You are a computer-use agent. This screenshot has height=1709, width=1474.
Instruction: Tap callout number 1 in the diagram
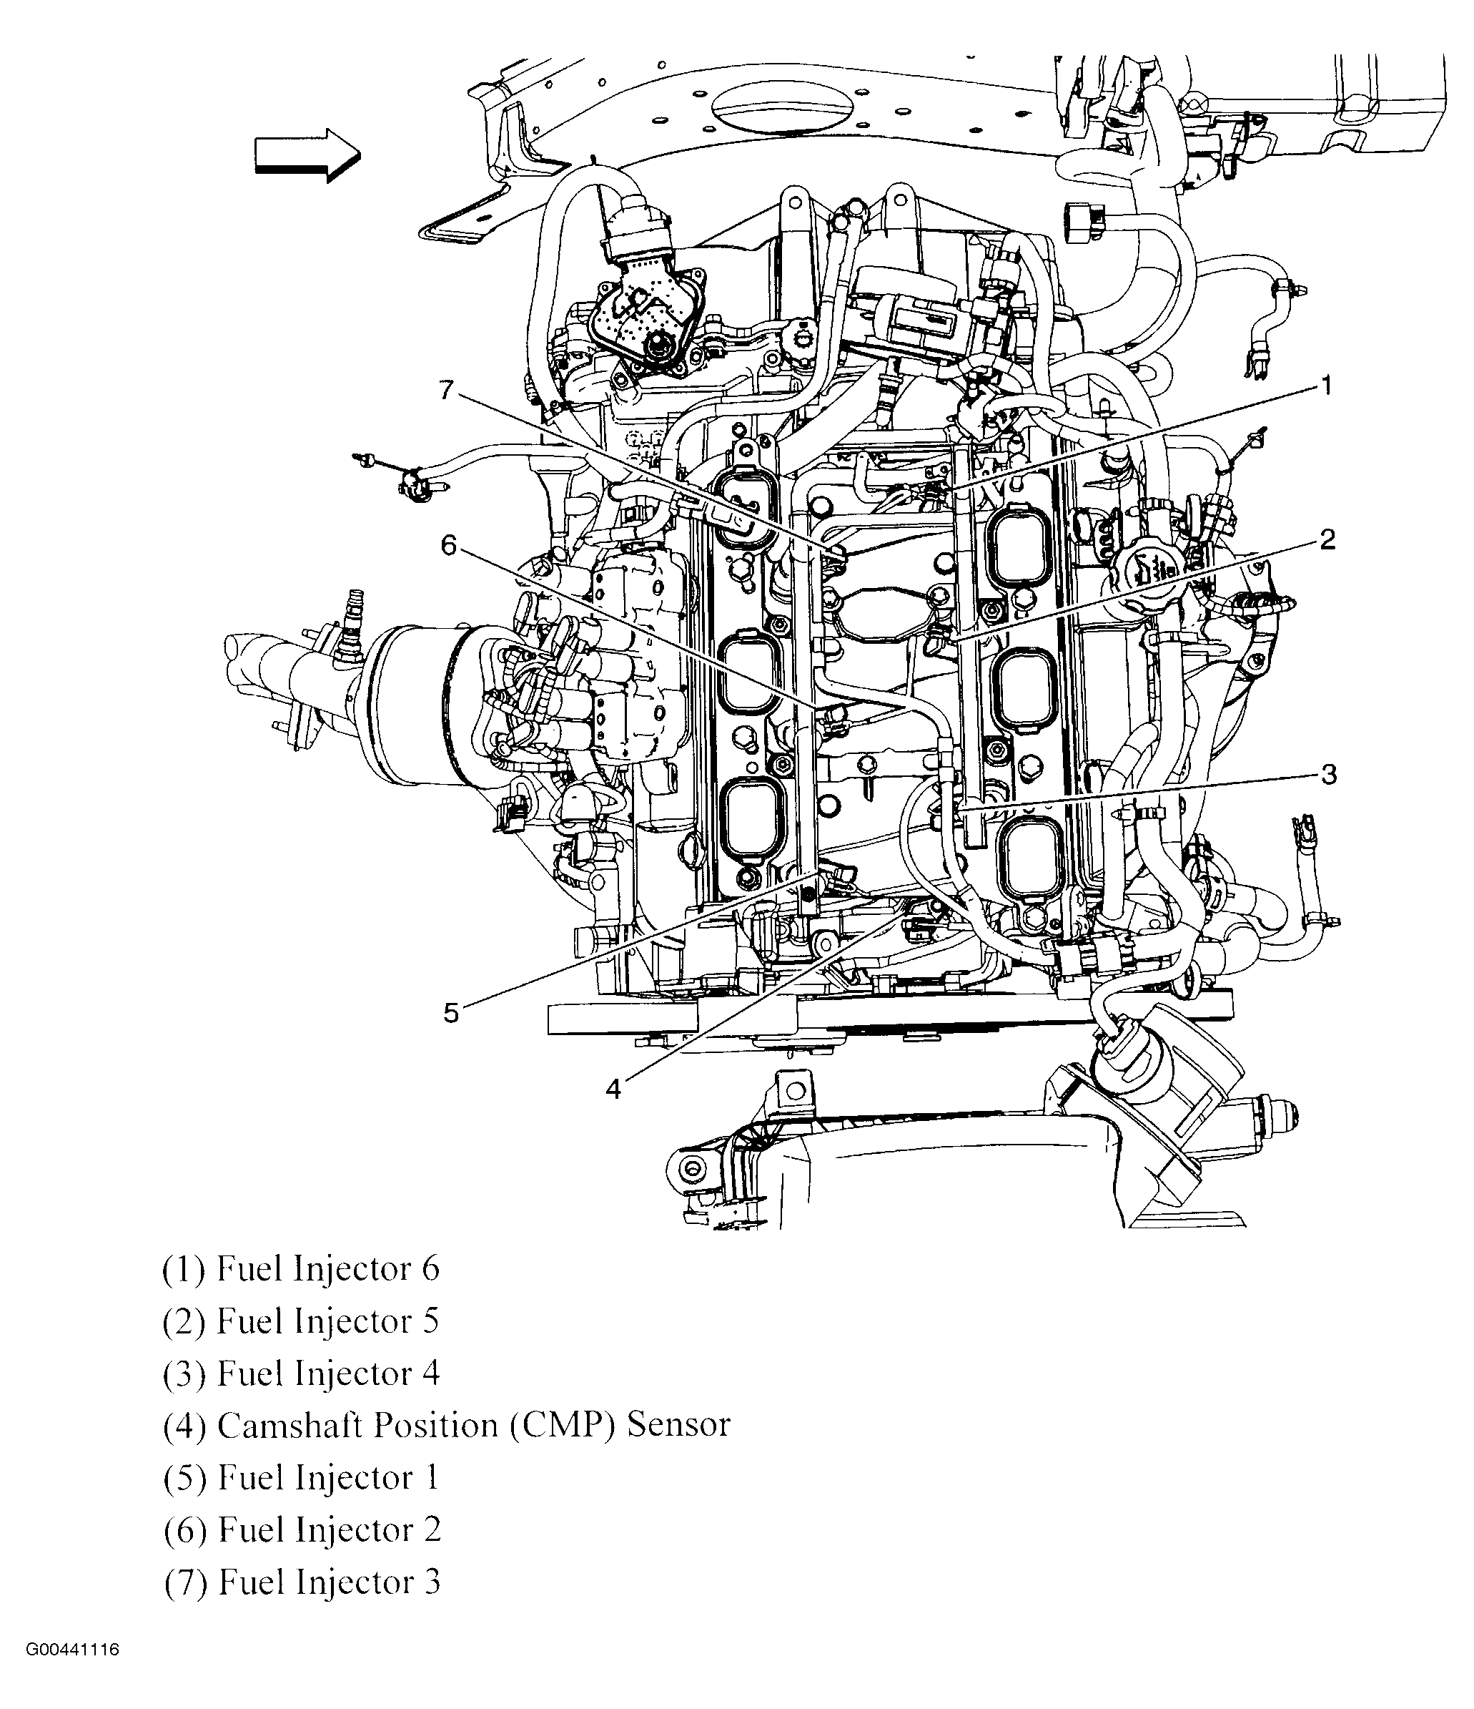pyautogui.click(x=1325, y=385)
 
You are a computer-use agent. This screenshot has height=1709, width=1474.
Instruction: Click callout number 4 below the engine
pyautogui.click(x=613, y=1089)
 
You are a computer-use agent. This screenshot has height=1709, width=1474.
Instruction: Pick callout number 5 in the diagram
pyautogui.click(x=451, y=1013)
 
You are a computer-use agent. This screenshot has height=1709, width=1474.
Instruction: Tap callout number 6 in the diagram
pyautogui.click(x=448, y=545)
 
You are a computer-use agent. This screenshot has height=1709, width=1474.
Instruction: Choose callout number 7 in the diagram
pyautogui.click(x=447, y=389)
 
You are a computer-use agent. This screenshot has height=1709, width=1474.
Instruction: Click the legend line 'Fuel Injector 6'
pyautogui.click(x=302, y=1269)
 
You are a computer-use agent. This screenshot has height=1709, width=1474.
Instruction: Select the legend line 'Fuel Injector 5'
pyautogui.click(x=302, y=1321)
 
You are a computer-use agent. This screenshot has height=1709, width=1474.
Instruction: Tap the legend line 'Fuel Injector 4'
pyautogui.click(x=302, y=1373)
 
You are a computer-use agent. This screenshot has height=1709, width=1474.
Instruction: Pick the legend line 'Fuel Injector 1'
pyautogui.click(x=302, y=1477)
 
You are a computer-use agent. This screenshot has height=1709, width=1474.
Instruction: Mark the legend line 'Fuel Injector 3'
pyautogui.click(x=302, y=1582)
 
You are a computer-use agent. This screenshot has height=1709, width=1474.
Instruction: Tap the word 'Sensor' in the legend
pyautogui.click(x=678, y=1425)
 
